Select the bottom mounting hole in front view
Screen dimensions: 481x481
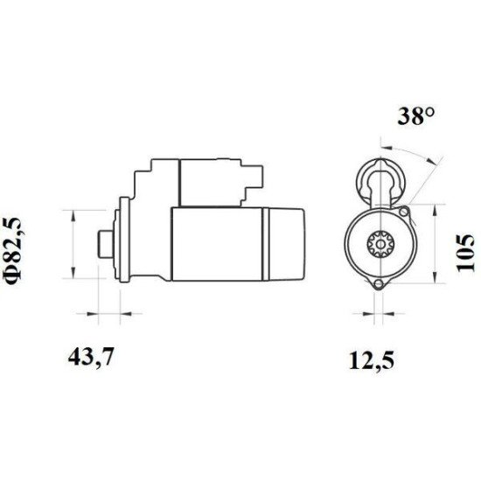point(379,286)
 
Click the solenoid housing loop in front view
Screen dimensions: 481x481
point(379,179)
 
